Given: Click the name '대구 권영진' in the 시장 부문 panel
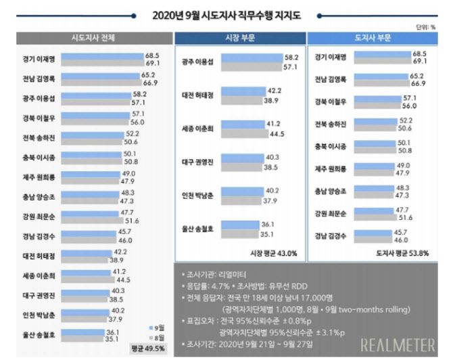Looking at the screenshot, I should tap(196, 162).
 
